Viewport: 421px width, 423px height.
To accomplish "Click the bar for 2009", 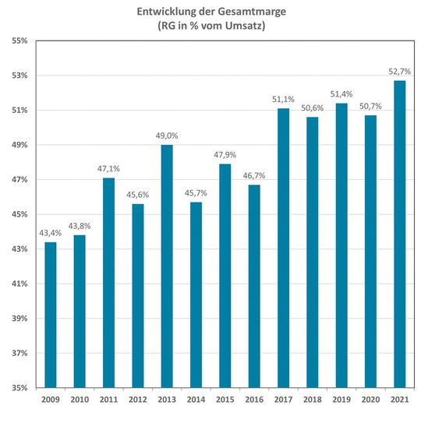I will coord(50,315).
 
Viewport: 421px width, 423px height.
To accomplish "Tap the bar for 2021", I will coord(399,234).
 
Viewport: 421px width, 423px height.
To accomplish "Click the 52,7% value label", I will coord(399,72).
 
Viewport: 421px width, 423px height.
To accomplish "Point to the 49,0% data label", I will coord(167,136).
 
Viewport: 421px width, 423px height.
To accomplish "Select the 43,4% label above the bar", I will coord(50,233).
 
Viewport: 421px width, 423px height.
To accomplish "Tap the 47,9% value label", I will coord(225,155).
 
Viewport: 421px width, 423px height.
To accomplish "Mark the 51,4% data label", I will coord(341,94).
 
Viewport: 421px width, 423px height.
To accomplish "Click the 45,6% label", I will coord(137,195).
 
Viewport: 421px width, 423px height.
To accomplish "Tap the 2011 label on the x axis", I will coord(108,400).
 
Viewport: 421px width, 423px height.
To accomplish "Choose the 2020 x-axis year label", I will coord(370,400).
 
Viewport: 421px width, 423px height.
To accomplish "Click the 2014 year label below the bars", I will coord(196,400).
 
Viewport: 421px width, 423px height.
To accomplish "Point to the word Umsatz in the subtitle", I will coord(250,26).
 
